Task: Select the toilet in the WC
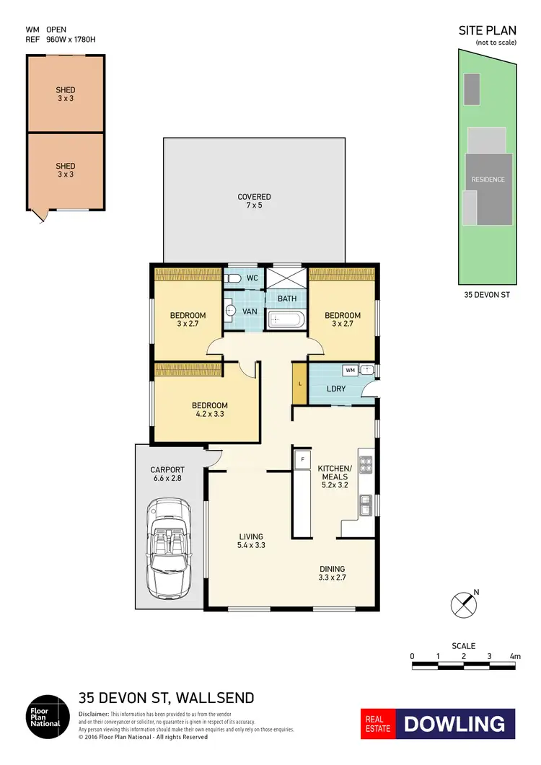[x=233, y=278]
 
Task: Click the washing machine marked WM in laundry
[x=351, y=371]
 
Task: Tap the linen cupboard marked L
[x=297, y=384]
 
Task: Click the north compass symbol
[x=464, y=603]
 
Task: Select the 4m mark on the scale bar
[x=515, y=656]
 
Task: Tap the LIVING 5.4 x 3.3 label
[x=251, y=541]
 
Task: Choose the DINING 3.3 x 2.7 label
[x=332, y=572]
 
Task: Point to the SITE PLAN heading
[x=487, y=30]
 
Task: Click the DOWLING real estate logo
[x=454, y=724]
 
